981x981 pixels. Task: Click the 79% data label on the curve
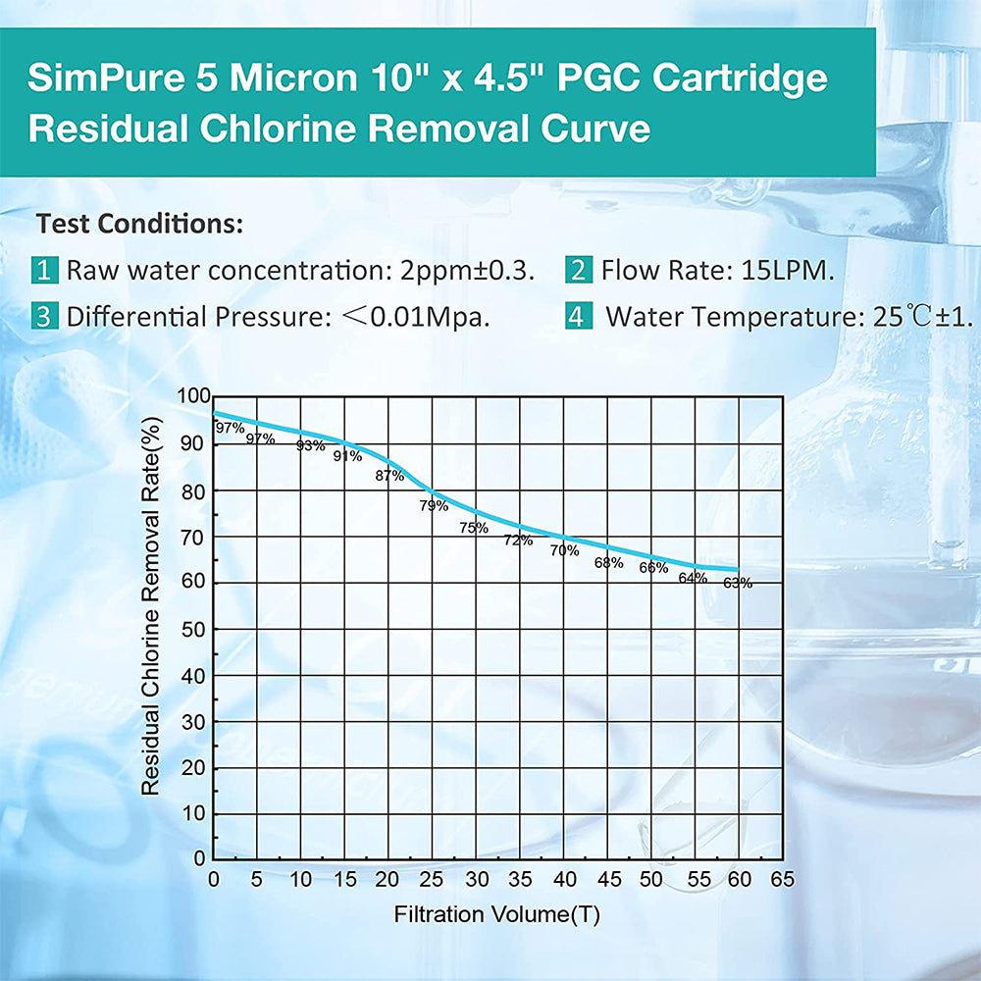point(434,506)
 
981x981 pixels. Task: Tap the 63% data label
point(738,583)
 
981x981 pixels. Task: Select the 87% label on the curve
point(389,476)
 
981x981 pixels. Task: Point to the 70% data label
point(564,550)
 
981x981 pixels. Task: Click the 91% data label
point(347,455)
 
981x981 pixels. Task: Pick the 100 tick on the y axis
point(193,396)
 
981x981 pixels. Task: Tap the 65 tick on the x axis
point(782,879)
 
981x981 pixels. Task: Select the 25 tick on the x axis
point(433,879)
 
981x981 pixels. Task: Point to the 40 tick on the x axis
point(564,879)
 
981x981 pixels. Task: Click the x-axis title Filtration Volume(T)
point(497,915)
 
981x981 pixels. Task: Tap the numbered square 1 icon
point(44,270)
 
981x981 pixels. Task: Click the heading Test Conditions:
point(139,224)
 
